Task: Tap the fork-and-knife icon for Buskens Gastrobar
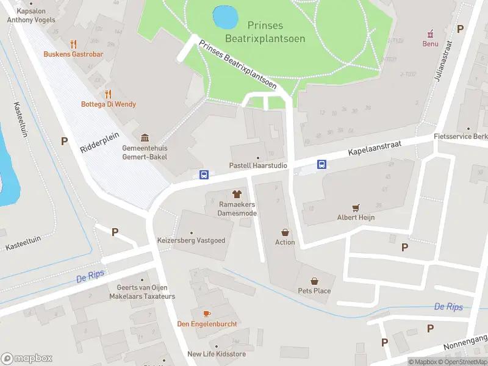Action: pos(74,44)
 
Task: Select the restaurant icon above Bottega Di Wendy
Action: pos(108,94)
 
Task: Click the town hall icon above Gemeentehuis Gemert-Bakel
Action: pos(145,138)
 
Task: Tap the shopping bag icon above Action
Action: pos(285,232)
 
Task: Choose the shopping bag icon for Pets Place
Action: pos(314,281)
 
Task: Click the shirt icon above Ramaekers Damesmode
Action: pos(237,194)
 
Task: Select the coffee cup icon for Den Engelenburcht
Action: pos(207,313)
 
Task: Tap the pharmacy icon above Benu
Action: pos(431,33)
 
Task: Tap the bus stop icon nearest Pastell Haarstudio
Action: pos(204,175)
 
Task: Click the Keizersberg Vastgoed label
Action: pos(191,240)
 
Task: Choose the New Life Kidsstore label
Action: pos(217,354)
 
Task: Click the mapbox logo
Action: pos(27,358)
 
